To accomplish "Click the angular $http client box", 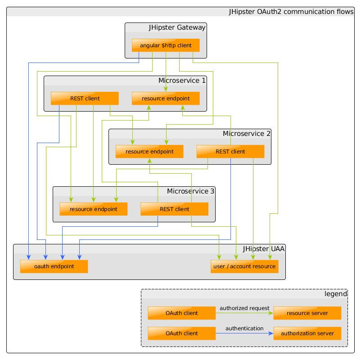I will point(166,45).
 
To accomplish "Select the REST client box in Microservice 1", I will point(85,99).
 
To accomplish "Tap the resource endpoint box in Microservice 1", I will point(166,99).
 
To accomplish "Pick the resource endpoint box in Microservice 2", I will point(149,152).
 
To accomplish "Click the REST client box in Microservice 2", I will point(230,152).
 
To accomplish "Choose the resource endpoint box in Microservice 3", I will point(94,209).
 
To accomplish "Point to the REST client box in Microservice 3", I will point(175,209).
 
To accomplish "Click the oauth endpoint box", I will point(54,266).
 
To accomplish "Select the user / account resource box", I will point(244,266).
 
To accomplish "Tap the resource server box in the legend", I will point(307,313).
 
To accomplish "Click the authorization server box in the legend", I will point(307,333).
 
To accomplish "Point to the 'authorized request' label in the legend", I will point(244,308).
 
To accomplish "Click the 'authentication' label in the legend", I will point(244,328).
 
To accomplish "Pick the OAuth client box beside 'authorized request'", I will point(182,313).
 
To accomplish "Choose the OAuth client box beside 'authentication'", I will point(182,333).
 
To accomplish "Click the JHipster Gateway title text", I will point(177,27).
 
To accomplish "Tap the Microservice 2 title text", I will point(247,134).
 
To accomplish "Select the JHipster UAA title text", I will point(264,249).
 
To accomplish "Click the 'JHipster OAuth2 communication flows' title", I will point(291,12).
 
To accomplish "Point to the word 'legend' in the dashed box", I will point(336,294).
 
